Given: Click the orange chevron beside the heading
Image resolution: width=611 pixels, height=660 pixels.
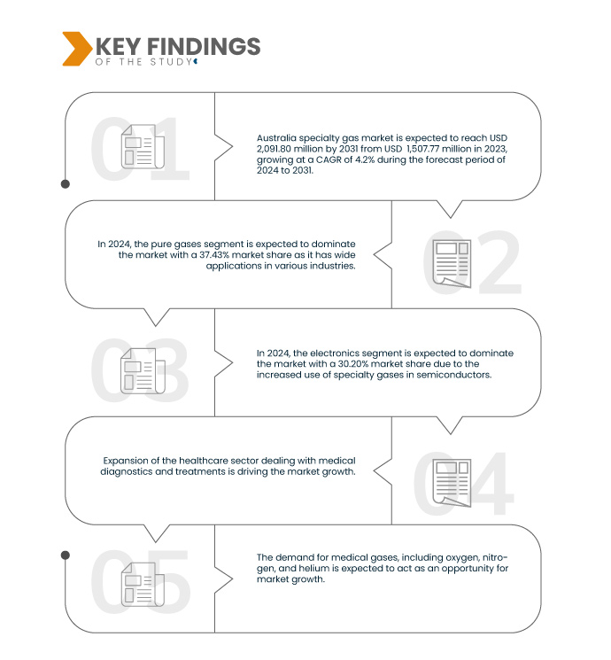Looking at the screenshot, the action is [x=76, y=49].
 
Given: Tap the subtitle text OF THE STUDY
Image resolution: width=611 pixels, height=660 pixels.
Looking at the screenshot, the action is [x=143, y=62].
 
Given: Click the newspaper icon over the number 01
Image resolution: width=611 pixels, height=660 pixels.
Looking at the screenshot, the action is [x=143, y=146].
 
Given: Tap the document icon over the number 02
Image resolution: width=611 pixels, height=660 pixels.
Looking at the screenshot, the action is [x=452, y=263].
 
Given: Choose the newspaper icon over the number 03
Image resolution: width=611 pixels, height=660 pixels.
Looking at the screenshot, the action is [x=143, y=371].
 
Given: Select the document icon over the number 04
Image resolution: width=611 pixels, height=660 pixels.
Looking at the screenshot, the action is [x=452, y=483].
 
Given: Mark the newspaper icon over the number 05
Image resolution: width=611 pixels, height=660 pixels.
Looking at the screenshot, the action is [x=143, y=585].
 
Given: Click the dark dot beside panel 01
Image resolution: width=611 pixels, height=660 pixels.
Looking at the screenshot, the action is [x=66, y=184].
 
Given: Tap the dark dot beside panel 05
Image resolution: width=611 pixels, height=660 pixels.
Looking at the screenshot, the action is [x=66, y=555].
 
